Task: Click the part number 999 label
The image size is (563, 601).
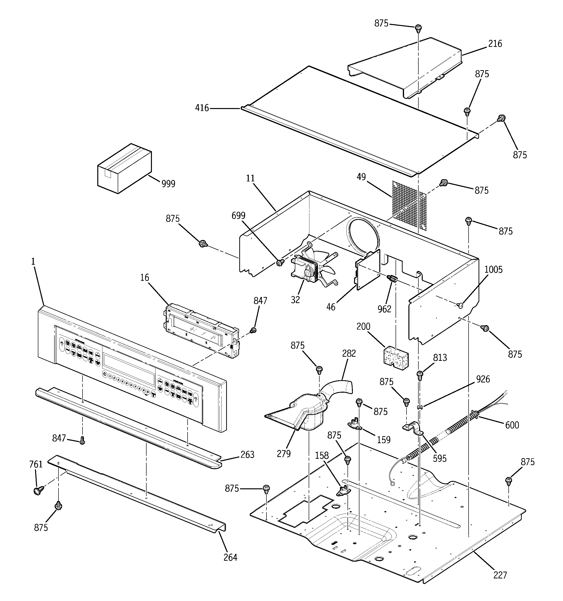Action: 168,184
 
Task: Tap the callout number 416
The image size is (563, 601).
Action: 202,108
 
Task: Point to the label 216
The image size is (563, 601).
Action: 495,44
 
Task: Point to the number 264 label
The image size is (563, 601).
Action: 230,557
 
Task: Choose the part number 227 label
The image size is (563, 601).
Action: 500,575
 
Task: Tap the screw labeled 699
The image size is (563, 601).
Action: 280,263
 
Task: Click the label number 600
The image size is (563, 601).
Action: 512,425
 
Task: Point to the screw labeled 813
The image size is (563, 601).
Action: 420,375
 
